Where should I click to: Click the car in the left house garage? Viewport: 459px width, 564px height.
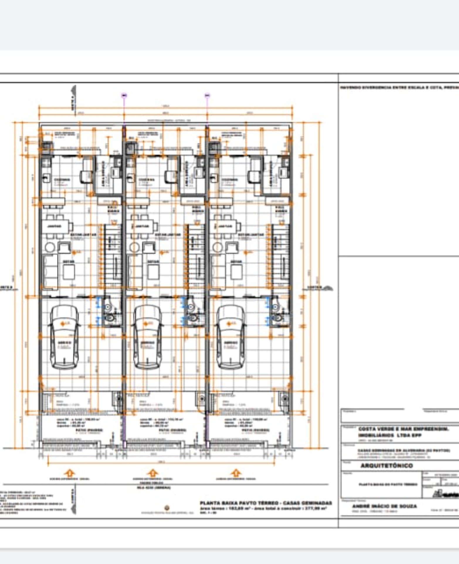pyautogui.click(x=65, y=337)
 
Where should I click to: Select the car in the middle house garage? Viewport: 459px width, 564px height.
pyautogui.click(x=148, y=337)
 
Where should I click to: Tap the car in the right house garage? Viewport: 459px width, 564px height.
pyautogui.click(x=231, y=337)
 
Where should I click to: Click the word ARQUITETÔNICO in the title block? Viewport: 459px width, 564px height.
pyautogui.click(x=386, y=466)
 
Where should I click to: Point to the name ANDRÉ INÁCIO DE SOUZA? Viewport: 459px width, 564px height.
pyautogui.click(x=384, y=506)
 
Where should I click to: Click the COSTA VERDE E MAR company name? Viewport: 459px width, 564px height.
pyautogui.click(x=403, y=429)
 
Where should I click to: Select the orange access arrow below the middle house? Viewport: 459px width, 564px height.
pyautogui.click(x=153, y=473)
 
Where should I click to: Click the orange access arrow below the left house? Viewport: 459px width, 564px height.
pyautogui.click(x=70, y=473)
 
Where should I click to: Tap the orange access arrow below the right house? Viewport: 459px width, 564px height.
pyautogui.click(x=236, y=473)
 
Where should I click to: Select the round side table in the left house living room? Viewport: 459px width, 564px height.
pyautogui.click(x=50, y=247)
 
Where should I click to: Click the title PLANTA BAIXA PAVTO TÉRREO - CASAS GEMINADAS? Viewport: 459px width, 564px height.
pyautogui.click(x=266, y=503)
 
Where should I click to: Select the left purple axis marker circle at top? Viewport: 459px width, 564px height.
pyautogui.click(x=124, y=95)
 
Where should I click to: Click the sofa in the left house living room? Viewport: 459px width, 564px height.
pyautogui.click(x=50, y=272)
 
